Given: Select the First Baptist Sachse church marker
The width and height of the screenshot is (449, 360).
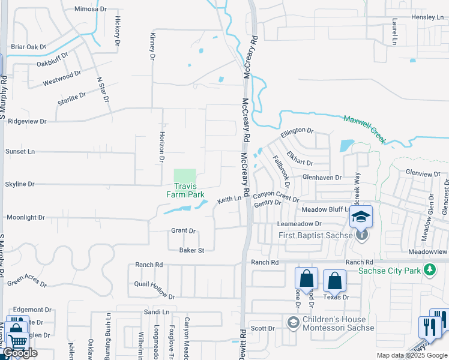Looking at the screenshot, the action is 363,235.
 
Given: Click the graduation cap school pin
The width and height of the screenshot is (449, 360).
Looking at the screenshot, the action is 361,217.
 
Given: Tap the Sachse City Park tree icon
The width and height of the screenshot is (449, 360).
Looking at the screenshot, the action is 429,270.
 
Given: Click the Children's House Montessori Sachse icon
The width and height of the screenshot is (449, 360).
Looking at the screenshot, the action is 293,323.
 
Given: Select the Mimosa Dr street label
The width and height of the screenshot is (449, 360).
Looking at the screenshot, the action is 89,9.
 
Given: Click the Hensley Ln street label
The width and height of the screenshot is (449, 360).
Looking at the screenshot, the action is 427,17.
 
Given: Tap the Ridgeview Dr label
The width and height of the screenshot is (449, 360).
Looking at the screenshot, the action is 26,121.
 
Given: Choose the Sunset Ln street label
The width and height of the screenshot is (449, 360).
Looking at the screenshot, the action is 20,152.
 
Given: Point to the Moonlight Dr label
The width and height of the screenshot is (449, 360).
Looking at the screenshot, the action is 25,217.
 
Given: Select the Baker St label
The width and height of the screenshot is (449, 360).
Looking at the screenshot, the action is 191,250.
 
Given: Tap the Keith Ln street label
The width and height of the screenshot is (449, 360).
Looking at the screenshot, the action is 229,199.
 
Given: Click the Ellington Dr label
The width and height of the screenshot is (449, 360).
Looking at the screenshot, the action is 297,131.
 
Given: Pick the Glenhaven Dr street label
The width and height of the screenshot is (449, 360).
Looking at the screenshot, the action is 322,178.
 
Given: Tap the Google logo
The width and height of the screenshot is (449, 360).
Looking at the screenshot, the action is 20,353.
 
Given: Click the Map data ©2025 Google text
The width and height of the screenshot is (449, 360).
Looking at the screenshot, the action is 412,355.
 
